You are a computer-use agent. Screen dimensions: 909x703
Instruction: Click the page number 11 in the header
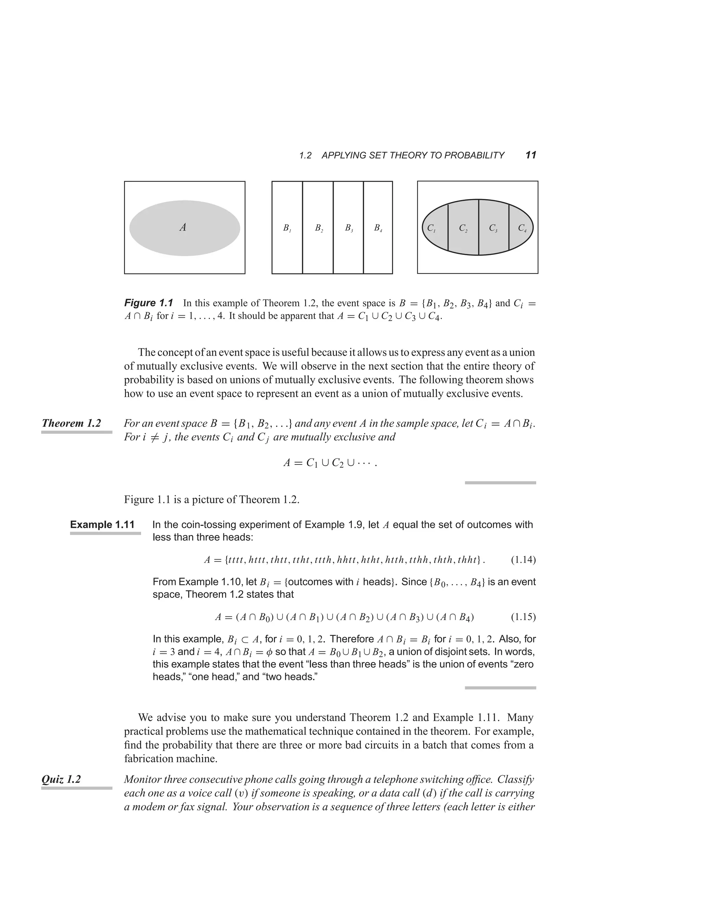(531, 155)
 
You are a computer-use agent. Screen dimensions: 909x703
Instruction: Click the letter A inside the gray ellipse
(182, 227)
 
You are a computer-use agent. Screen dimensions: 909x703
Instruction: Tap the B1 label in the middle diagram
(287, 228)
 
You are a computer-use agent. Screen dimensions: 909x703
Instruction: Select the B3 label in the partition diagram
(349, 228)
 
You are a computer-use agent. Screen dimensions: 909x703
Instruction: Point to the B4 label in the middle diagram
(378, 228)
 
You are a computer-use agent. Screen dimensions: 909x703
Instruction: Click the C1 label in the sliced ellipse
(431, 228)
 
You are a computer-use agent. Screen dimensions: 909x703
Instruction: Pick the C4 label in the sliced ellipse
(522, 228)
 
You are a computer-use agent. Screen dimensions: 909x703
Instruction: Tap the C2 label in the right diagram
(463, 228)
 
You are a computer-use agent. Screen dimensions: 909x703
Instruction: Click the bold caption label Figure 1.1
(148, 303)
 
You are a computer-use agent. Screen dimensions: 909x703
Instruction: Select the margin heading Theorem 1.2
(71, 423)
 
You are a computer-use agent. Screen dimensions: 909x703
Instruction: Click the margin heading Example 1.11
(102, 524)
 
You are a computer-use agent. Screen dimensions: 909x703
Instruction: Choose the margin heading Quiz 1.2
(61, 779)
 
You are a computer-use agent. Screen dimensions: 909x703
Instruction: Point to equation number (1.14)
(523, 560)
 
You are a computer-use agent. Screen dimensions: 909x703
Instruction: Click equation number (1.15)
(523, 617)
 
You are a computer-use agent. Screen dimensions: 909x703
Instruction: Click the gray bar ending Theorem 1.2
(500, 483)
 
